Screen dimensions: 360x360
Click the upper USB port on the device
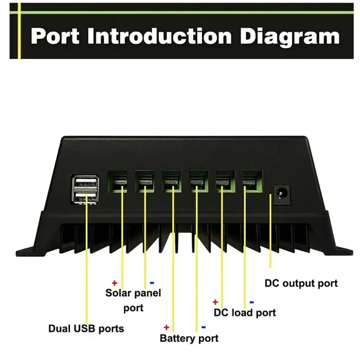[85, 183]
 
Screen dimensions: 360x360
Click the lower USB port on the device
[85, 198]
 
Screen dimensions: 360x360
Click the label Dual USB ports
[86, 328]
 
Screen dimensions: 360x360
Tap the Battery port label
[189, 338]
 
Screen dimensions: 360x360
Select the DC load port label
[244, 312]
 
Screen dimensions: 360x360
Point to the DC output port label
[301, 283]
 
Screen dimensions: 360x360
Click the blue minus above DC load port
[251, 302]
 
